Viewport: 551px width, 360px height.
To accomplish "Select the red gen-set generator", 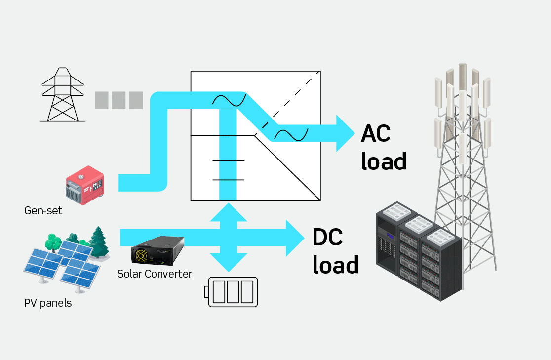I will point(85,185).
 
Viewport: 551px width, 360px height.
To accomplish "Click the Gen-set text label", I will point(43,211).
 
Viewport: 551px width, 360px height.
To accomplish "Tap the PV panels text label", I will point(48,303).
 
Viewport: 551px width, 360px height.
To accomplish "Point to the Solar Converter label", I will point(155,274).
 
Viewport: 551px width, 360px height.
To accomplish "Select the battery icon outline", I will point(233,292).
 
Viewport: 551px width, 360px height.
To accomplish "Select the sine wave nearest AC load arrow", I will point(291,134).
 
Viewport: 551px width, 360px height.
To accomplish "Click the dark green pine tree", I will point(100,242).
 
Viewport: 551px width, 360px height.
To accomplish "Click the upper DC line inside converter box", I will point(228,161).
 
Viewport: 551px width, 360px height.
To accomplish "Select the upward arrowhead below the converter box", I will point(228,211).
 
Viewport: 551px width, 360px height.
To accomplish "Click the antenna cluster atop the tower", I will point(462,94).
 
